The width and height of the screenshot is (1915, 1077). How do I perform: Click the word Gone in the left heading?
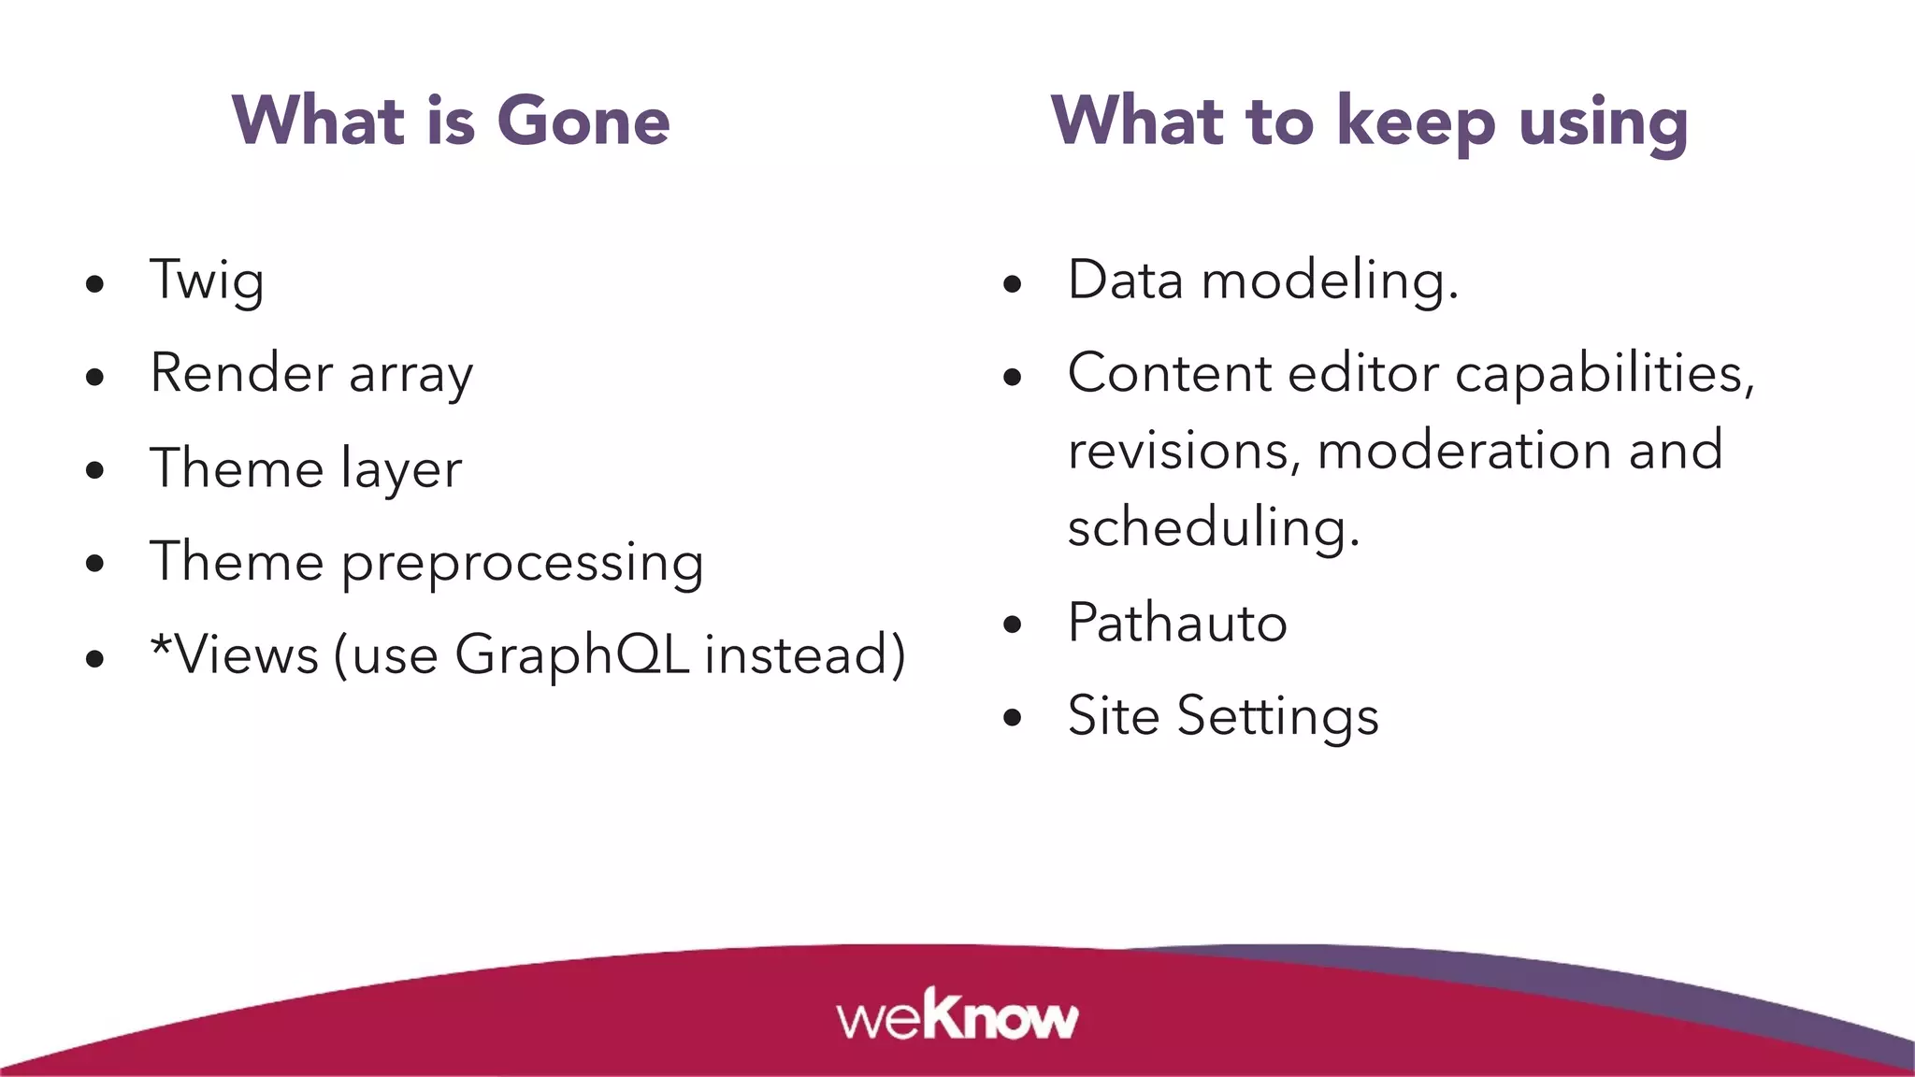point(583,122)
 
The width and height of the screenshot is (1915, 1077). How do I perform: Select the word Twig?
point(207,280)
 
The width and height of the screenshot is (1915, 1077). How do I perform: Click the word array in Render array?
point(410,374)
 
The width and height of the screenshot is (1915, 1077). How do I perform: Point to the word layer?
point(401,469)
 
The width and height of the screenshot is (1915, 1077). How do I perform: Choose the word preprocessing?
point(522,563)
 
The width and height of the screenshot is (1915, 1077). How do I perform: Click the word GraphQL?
point(571,654)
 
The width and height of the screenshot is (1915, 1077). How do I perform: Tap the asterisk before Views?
point(161,644)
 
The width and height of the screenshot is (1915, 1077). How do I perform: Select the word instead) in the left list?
point(805,654)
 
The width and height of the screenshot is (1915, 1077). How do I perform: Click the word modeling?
point(1329,280)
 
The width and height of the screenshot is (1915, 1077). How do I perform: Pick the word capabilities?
point(1605,374)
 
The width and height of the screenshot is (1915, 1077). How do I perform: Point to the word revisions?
point(1184,451)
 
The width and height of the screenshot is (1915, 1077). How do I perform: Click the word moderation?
point(1464,451)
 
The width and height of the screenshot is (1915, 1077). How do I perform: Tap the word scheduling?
point(1213,527)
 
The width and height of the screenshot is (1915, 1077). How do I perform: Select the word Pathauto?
point(1177,623)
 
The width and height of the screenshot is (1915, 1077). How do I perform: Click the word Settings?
point(1277,717)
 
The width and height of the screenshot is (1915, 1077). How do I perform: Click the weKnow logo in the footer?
point(957,1015)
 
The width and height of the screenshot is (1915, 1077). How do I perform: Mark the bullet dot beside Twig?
point(94,284)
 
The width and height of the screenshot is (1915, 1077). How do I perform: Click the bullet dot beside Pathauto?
point(1013,625)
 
